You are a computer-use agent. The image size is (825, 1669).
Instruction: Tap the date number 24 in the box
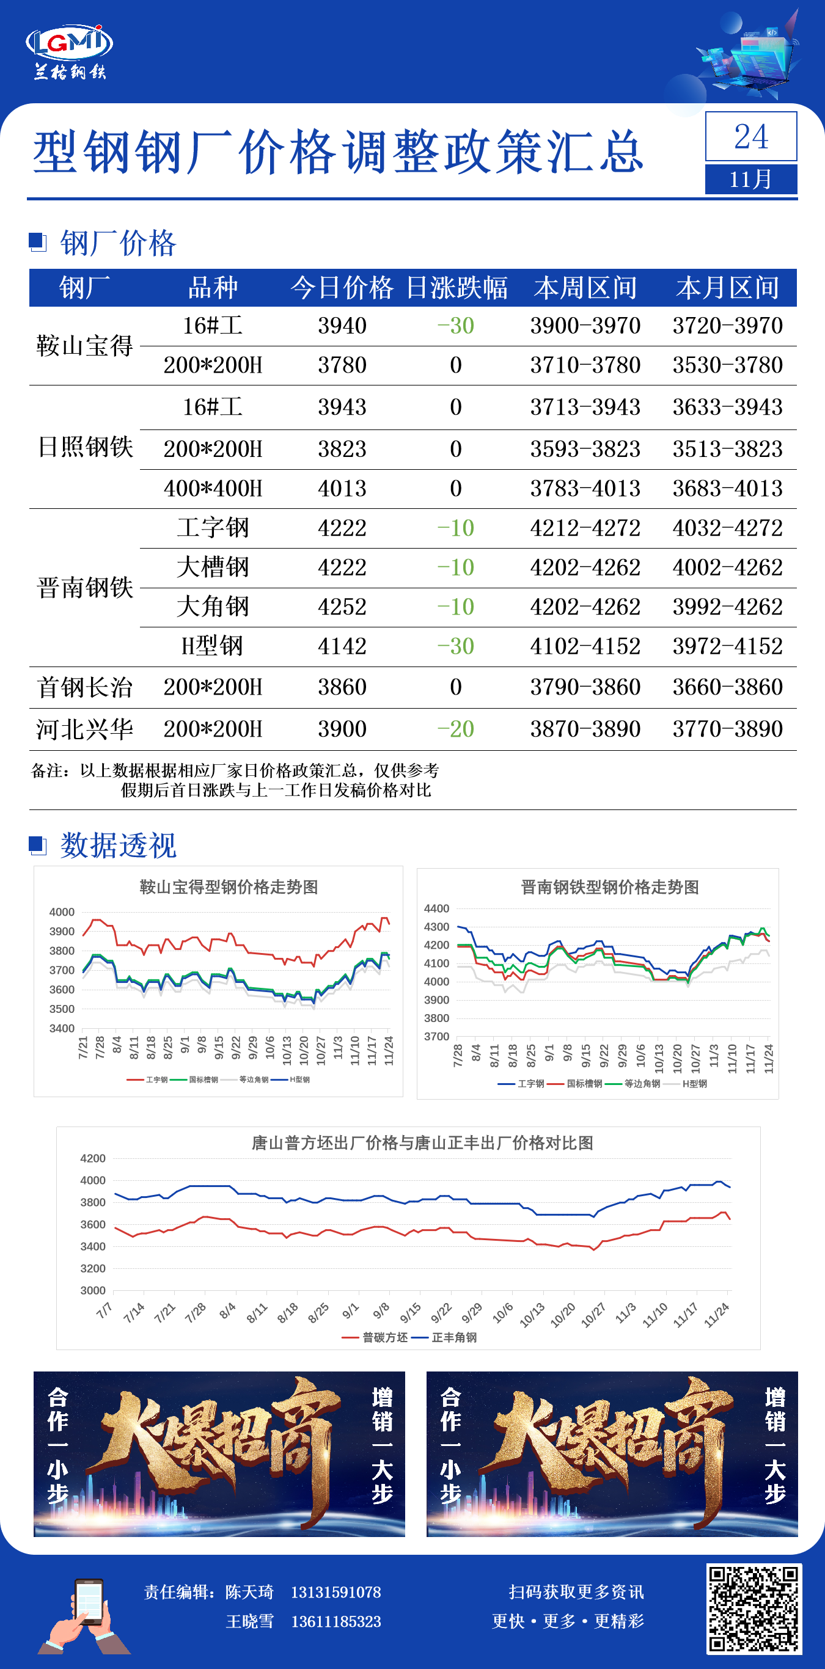tap(750, 137)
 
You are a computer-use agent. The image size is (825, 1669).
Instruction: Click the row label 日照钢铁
tap(85, 447)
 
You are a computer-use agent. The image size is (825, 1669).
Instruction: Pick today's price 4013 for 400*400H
tap(342, 489)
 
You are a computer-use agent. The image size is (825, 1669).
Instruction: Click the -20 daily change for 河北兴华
tap(456, 729)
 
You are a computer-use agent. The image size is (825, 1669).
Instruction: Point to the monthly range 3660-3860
tap(727, 687)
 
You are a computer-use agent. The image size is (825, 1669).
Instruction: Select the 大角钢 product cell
tap(213, 607)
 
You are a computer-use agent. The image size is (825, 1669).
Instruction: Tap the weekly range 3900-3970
tap(585, 326)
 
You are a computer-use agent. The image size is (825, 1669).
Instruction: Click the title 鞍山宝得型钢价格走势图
tap(229, 887)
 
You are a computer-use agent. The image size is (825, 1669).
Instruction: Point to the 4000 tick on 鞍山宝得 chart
tap(62, 911)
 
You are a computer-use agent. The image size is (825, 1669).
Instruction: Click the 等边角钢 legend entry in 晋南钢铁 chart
tap(641, 1083)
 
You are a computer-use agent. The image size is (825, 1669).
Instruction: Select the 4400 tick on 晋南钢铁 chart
tap(436, 908)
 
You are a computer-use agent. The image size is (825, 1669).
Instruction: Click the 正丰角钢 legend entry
tap(453, 1337)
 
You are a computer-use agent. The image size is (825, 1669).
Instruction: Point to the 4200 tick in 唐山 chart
tap(93, 1158)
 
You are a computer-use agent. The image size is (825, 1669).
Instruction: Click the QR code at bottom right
tap(754, 1608)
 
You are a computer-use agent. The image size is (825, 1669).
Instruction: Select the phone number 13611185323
tap(335, 1621)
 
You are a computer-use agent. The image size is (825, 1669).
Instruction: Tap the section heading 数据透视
tap(118, 845)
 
